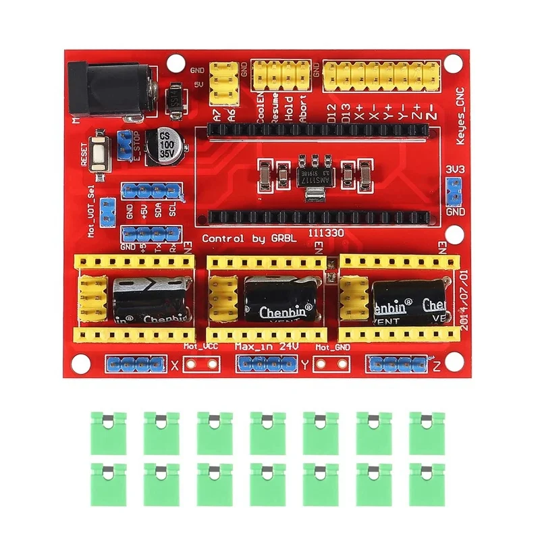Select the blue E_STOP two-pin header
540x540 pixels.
(x=125, y=143)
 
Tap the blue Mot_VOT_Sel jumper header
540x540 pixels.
(x=106, y=212)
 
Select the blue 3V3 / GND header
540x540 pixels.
(x=454, y=192)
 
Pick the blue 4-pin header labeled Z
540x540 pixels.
(x=399, y=365)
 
